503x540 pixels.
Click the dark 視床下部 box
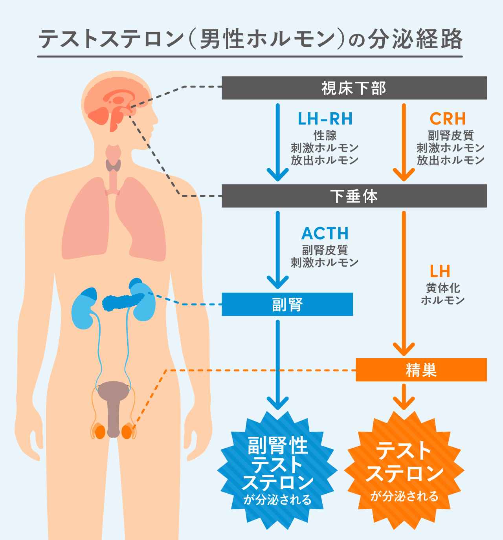[354, 88]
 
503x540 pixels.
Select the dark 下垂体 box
[354, 196]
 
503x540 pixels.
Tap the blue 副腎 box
[287, 304]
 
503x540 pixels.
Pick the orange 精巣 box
[421, 370]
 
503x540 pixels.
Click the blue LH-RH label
[325, 119]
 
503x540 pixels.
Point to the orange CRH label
[448, 119]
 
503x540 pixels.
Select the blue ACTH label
[325, 234]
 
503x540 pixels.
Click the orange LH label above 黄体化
[440, 271]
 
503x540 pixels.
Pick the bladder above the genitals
[114, 391]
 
